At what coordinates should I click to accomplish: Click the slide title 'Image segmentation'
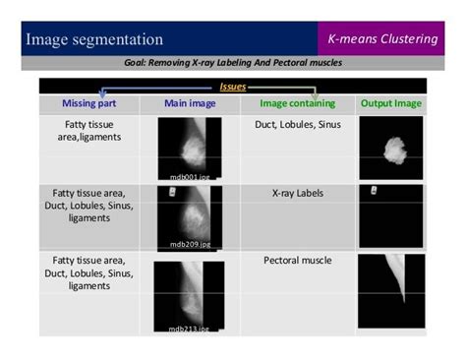point(94,40)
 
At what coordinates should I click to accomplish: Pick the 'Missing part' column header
point(89,102)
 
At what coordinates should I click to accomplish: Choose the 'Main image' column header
point(191,102)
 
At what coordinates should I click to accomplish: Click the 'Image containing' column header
point(298,102)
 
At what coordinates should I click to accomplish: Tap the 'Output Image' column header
point(389,102)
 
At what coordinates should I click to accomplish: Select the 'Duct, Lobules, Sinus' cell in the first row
point(298,126)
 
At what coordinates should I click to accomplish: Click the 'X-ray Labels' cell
point(298,194)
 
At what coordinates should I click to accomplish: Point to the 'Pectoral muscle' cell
point(298,261)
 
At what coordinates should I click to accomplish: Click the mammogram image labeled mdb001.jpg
point(191,148)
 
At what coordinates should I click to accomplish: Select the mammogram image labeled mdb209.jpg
point(191,216)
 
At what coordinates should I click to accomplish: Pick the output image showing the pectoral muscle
point(389,291)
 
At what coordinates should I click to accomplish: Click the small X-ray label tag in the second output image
point(375,190)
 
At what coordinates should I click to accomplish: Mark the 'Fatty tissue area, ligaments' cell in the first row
point(89,133)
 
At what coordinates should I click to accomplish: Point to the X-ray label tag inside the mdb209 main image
point(174,194)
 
